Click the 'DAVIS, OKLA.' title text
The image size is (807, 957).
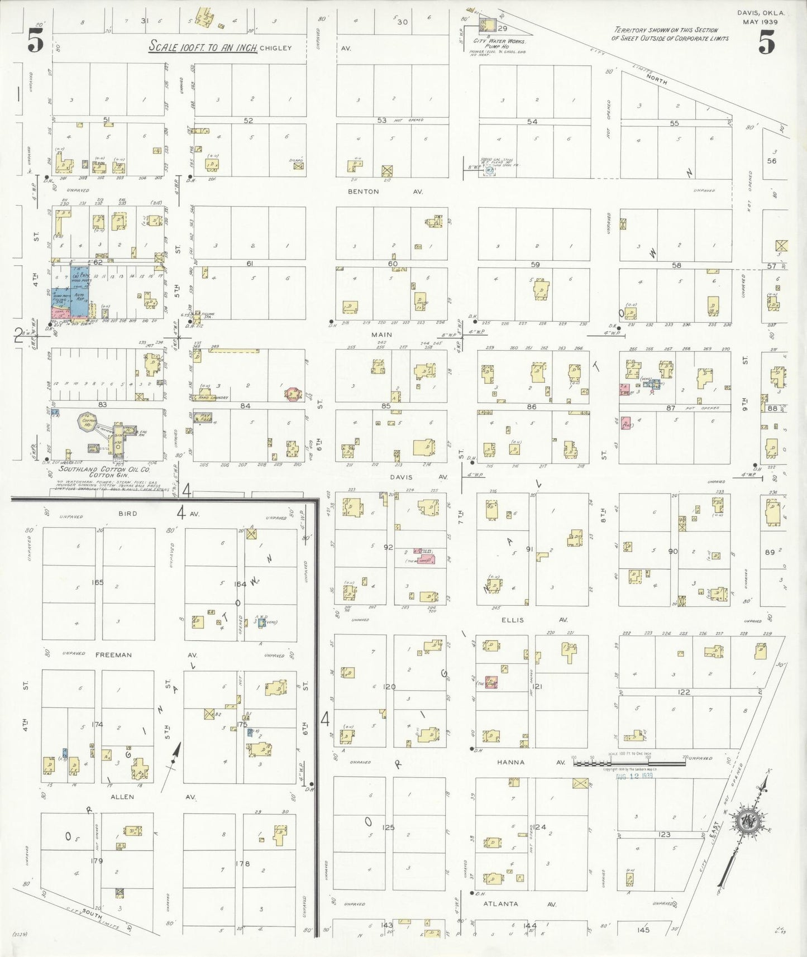(x=761, y=13)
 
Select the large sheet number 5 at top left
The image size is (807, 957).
(x=35, y=41)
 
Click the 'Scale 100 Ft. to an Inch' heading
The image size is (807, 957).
(x=202, y=47)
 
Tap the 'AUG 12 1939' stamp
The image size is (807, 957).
(x=634, y=777)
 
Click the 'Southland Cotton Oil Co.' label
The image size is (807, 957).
(x=104, y=470)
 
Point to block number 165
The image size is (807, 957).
(x=98, y=582)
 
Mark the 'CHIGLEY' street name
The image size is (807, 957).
(x=275, y=48)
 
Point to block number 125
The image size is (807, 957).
(x=388, y=827)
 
